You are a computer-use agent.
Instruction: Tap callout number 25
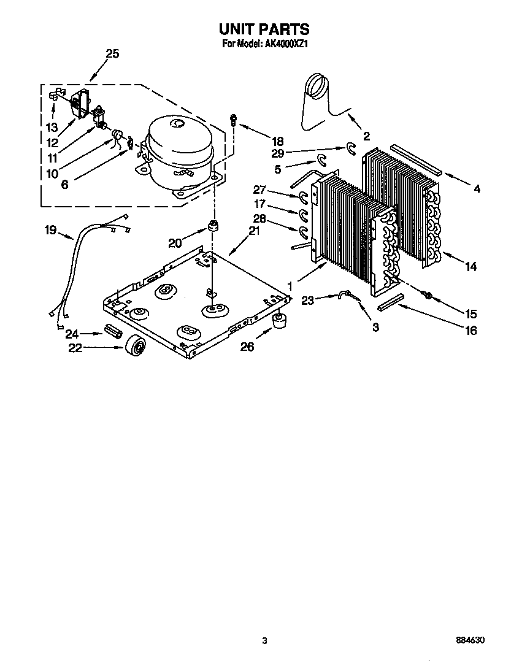tap(112, 54)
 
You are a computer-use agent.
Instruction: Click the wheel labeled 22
tap(136, 347)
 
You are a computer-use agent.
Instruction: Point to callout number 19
tap(50, 231)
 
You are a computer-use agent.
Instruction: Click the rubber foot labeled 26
tap(280, 320)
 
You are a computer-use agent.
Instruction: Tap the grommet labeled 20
tap(213, 227)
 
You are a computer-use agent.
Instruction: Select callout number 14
tap(471, 266)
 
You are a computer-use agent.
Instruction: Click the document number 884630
tap(470, 640)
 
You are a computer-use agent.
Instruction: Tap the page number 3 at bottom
tap(264, 640)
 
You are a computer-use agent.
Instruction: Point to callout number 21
tap(254, 231)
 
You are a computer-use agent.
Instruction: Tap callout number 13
tap(52, 128)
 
